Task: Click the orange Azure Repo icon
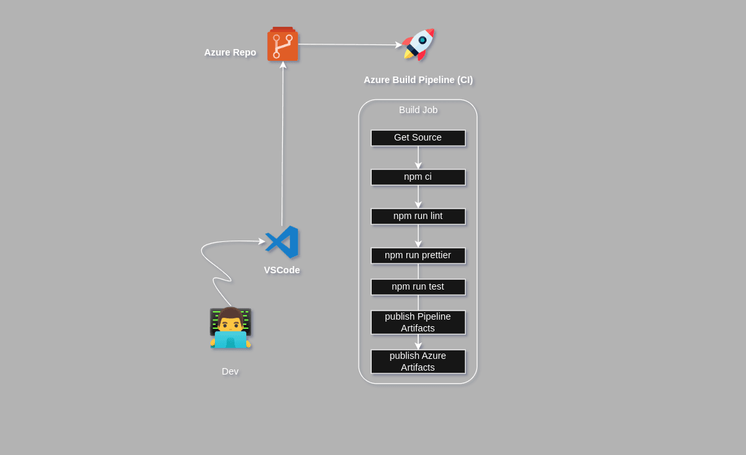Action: tap(282, 44)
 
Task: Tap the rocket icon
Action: tap(418, 44)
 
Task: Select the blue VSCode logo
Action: tap(282, 242)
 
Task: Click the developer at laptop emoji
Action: tap(230, 328)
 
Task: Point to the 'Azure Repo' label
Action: tap(230, 52)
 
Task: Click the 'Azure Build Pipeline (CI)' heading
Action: tap(418, 80)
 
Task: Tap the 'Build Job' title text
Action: tap(418, 110)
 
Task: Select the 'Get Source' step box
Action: tap(418, 138)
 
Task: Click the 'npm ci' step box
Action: tap(418, 177)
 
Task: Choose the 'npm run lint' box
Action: tap(418, 216)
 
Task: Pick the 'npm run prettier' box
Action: tap(418, 256)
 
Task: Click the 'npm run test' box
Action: tap(418, 287)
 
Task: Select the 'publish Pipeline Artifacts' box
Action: tap(418, 322)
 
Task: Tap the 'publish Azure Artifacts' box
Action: tap(418, 362)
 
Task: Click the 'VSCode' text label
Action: tap(282, 270)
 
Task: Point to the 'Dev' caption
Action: tap(230, 371)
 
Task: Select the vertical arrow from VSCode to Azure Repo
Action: tap(282, 144)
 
